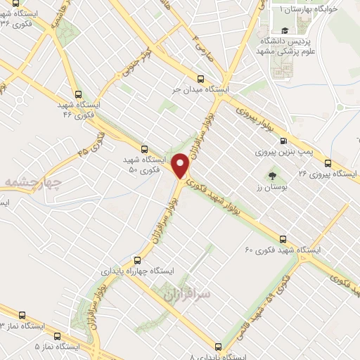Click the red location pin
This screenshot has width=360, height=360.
pyautogui.click(x=182, y=166)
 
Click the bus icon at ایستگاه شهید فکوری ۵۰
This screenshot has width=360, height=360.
pyautogui.click(x=144, y=149)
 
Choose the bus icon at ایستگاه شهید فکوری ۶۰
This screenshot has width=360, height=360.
pyautogui.click(x=283, y=239)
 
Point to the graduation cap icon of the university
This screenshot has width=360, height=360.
pyautogui.click(x=285, y=30)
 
